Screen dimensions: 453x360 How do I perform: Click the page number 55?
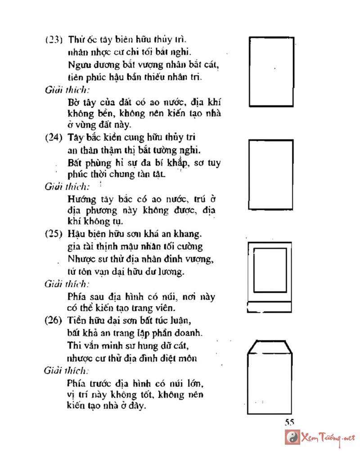(x=289, y=422)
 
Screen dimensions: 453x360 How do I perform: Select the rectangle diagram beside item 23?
(x=271, y=71)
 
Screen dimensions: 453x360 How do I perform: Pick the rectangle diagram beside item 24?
(x=271, y=175)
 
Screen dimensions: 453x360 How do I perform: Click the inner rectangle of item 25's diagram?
(x=270, y=269)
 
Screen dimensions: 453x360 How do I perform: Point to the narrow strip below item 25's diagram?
(x=270, y=308)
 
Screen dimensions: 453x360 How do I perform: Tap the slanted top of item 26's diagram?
(x=268, y=347)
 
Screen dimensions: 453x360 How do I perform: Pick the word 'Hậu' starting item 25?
(x=76, y=234)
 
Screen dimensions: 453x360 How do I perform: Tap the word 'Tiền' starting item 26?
(x=76, y=321)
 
